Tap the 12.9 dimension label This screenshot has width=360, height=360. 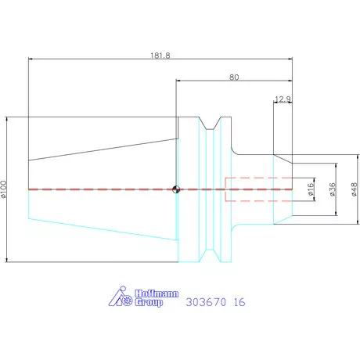click(x=283, y=99)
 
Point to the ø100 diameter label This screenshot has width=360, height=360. click(x=4, y=189)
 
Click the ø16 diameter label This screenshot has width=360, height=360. click(x=311, y=189)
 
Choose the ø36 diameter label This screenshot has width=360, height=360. click(x=332, y=189)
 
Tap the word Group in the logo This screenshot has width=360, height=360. click(x=149, y=301)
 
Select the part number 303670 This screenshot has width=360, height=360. click(x=201, y=300)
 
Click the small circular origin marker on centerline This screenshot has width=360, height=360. click(x=177, y=189)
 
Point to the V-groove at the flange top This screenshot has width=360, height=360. click(x=209, y=124)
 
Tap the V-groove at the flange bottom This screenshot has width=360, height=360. click(x=209, y=254)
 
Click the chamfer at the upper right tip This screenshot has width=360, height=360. click(x=283, y=159)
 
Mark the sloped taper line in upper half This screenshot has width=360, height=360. click(x=102, y=144)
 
